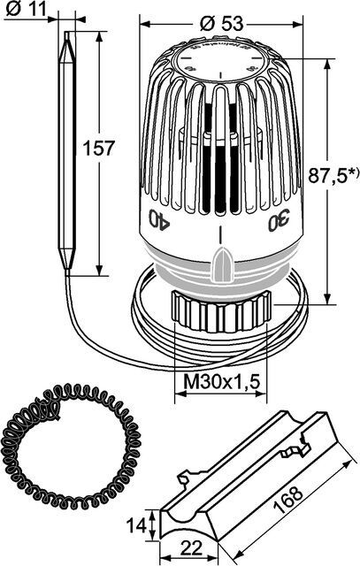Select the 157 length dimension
98,149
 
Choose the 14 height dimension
135,524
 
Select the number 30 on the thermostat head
278,221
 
